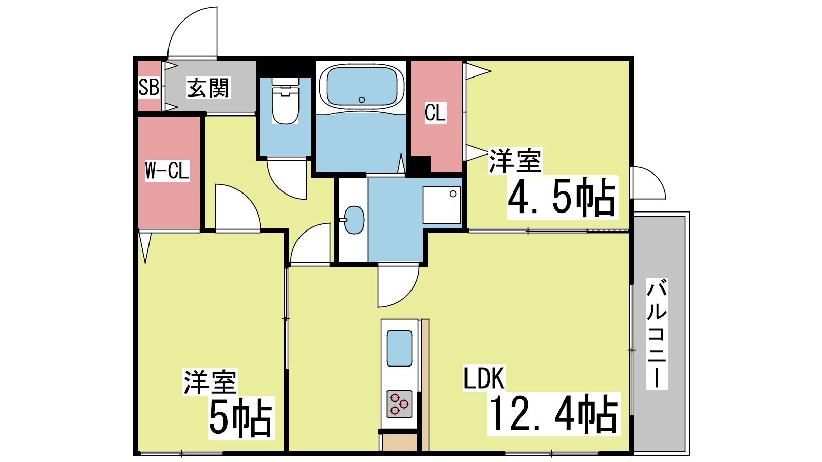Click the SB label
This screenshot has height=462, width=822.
point(148,87)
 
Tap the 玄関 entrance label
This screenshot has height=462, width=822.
point(208,88)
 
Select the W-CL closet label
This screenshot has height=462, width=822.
point(167,170)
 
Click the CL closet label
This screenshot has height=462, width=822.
point(435,112)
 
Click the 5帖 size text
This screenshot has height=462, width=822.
point(240,418)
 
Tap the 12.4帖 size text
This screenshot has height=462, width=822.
point(553,414)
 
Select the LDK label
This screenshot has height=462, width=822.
point(484,378)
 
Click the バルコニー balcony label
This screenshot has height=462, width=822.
point(656,334)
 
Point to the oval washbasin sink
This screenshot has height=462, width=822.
point(353,220)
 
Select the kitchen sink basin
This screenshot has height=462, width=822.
point(399,348)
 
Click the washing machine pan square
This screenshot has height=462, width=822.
point(441,205)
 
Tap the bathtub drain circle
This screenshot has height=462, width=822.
point(362,100)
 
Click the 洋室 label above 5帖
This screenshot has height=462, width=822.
point(210,382)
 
